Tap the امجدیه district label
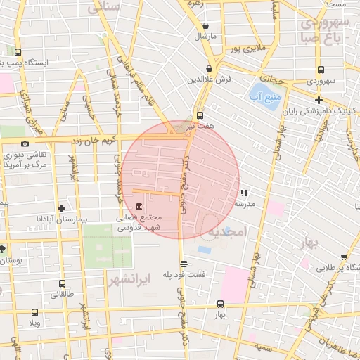227,231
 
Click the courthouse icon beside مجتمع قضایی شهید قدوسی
139,207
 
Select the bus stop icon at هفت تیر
200,115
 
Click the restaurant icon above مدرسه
244,192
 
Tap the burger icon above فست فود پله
184,264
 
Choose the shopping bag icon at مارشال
205,25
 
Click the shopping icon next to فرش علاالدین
210,68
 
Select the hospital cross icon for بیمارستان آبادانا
62,208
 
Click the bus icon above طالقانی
62,284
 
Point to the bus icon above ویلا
35,312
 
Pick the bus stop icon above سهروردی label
321,70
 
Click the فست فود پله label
185,274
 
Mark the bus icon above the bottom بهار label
221,304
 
